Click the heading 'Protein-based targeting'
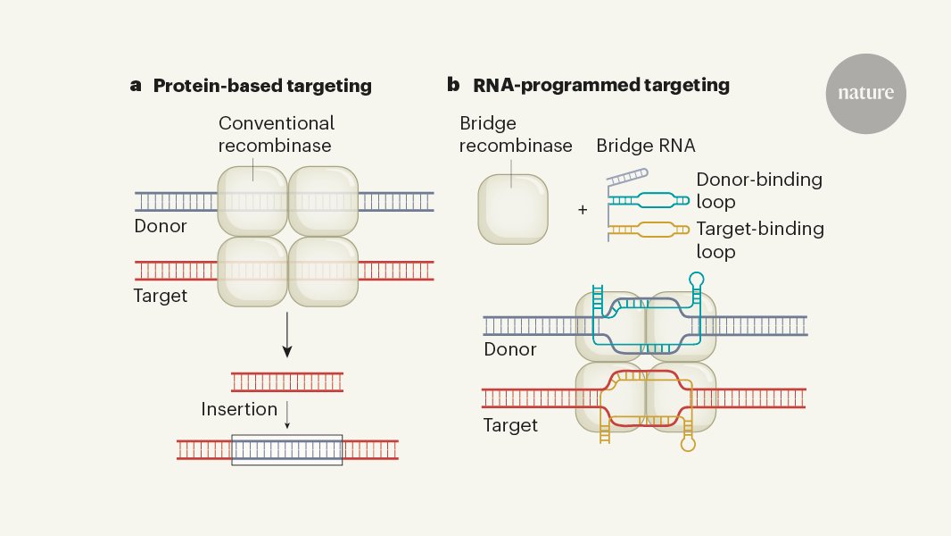[x=262, y=87]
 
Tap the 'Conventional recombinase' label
[x=277, y=134]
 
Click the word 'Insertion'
[x=239, y=409]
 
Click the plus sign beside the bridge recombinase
[x=583, y=210]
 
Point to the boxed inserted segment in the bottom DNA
[x=286, y=449]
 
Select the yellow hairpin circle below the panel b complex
[x=687, y=441]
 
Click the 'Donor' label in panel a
[x=161, y=226]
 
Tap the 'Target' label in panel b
[x=510, y=425]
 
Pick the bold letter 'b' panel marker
[x=453, y=86]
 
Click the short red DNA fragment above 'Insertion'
[x=286, y=382]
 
